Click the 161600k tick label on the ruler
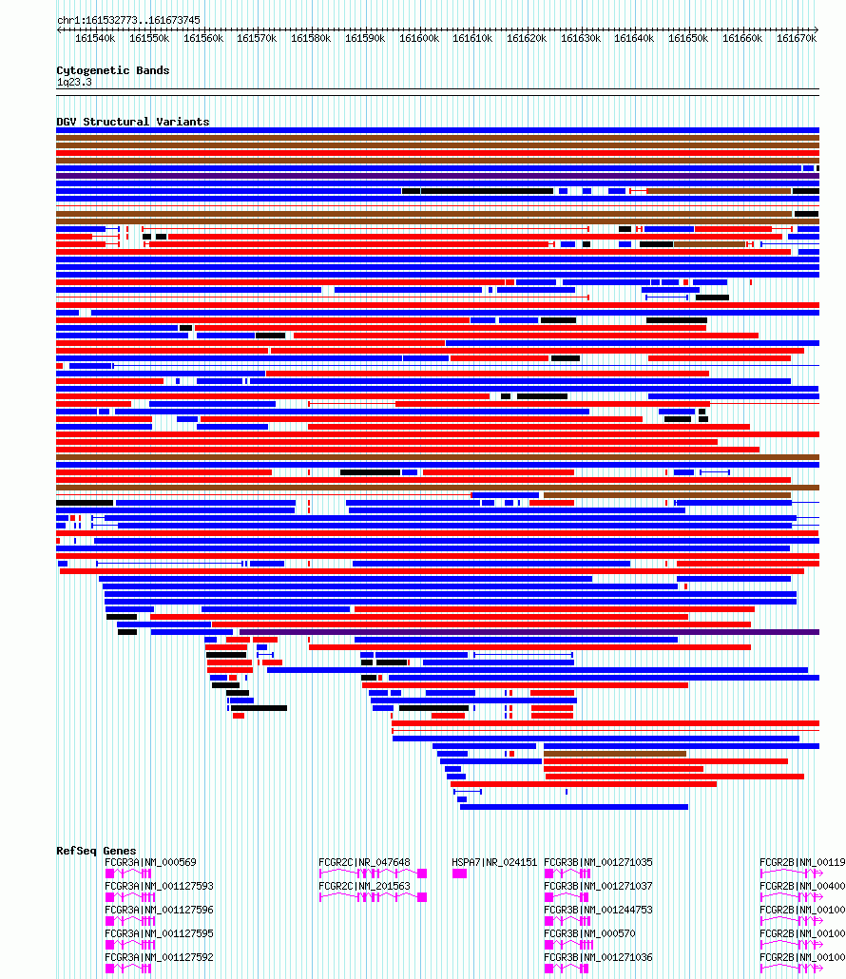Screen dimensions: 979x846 pos(418,39)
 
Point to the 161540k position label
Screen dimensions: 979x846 pos(94,39)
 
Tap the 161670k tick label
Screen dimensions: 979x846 pos(797,39)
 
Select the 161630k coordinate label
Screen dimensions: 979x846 pos(581,39)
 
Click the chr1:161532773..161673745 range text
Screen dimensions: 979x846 pos(128,20)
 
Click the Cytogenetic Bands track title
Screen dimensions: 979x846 pos(112,70)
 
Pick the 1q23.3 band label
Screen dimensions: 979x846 pos(74,83)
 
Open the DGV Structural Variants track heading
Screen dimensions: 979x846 pos(132,122)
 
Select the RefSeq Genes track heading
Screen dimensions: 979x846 pos(96,851)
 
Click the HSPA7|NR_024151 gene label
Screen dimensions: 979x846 pos(494,863)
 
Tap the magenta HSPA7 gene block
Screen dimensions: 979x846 pos(459,873)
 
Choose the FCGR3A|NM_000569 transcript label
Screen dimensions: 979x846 pos(150,863)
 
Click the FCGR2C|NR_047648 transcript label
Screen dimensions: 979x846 pos(364,863)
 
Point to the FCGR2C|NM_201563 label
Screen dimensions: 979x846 pos(364,887)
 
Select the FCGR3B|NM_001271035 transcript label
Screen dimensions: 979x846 pos(598,863)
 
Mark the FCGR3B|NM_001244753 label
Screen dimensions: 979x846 pos(598,911)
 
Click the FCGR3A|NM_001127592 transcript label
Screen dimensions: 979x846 pos(159,958)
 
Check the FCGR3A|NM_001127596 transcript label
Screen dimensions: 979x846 pos(159,911)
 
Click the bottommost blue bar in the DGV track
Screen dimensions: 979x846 pos(573,807)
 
